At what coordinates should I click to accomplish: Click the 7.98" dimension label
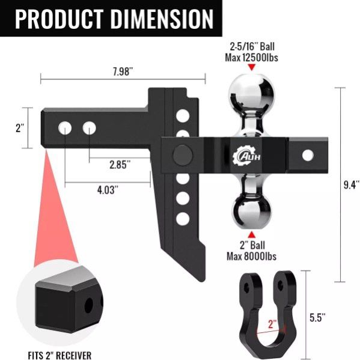[123, 72]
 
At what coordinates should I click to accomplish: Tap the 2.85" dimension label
[120, 165]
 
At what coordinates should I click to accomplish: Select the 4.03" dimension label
[108, 190]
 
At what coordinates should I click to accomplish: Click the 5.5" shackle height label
[317, 318]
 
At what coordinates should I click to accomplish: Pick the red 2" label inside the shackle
[273, 324]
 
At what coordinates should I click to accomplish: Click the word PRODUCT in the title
[59, 19]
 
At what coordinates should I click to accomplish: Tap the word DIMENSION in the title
[163, 19]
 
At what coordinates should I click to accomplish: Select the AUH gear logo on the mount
[246, 156]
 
